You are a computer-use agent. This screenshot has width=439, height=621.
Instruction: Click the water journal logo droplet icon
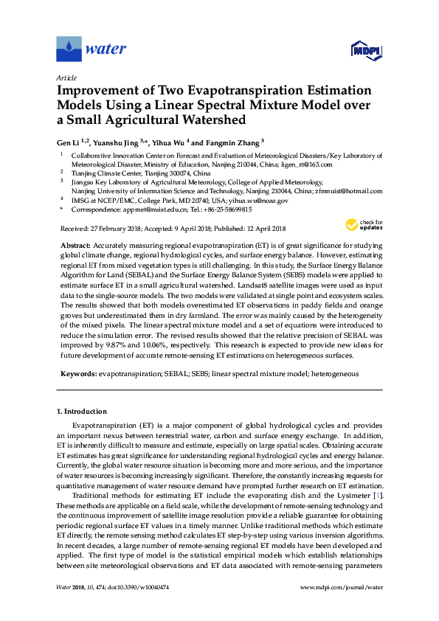click(x=69, y=49)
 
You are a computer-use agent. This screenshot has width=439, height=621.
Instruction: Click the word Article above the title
click(x=65, y=77)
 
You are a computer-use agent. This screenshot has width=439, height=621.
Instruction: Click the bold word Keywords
click(x=79, y=374)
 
